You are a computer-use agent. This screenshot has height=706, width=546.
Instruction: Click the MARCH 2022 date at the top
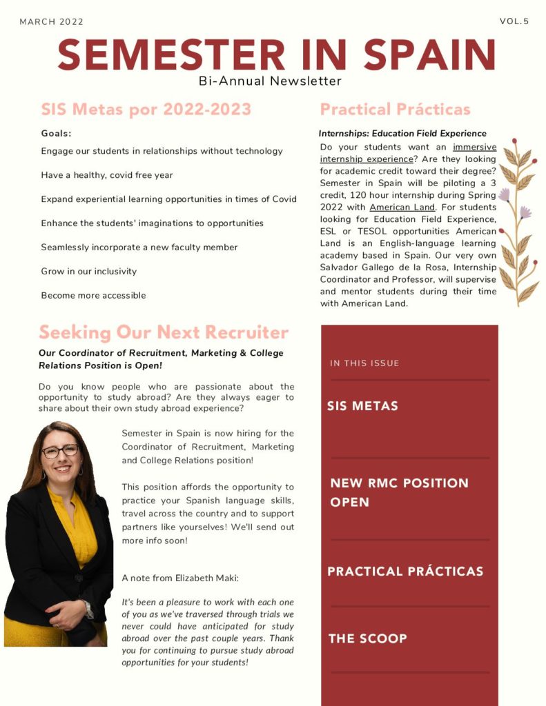point(51,22)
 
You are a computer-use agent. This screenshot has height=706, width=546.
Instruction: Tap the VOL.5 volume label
point(514,21)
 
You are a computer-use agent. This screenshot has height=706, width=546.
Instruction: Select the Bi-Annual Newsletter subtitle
point(270,81)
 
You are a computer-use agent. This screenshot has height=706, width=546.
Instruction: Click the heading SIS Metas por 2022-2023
point(146,110)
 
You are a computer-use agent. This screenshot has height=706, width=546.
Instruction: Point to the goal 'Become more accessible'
point(93,296)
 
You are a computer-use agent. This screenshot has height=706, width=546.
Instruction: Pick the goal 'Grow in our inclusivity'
point(88,272)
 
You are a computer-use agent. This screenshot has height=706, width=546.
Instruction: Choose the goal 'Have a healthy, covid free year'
point(106,175)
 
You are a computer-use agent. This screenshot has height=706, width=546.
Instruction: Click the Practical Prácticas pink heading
point(395,110)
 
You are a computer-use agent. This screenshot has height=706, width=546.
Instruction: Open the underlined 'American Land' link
point(402,208)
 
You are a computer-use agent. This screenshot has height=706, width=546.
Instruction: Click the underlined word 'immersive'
point(474,148)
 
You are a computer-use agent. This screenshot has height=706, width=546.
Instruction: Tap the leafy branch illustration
point(518,221)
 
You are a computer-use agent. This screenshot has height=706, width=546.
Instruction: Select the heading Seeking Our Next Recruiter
point(164,333)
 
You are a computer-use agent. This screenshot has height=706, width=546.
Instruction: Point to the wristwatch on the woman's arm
point(88,608)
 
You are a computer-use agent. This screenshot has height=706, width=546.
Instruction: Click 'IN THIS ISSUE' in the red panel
point(364,363)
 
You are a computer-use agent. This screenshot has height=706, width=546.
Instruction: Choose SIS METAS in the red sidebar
point(362,406)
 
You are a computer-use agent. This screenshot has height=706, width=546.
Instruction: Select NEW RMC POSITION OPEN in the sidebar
point(399,492)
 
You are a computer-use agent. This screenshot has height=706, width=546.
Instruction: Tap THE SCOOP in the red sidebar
point(367,638)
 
